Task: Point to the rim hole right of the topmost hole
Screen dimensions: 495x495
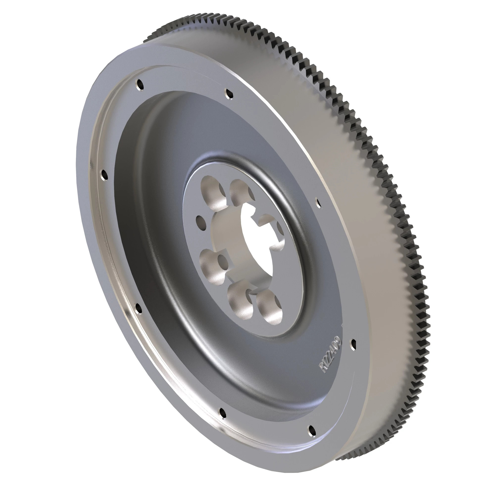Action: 229,93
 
